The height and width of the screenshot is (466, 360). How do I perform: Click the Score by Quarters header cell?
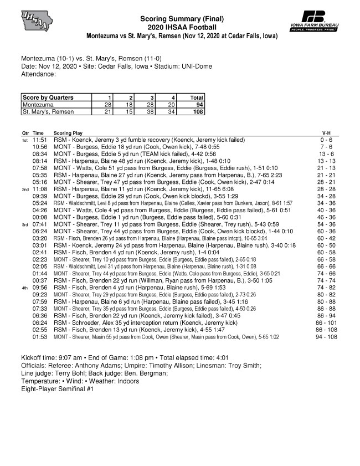[48, 97]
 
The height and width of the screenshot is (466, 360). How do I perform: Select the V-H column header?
[328, 134]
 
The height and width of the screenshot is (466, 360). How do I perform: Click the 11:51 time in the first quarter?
[39, 140]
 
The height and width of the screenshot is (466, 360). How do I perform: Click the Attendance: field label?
[38, 73]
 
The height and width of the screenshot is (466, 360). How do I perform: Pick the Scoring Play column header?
[68, 134]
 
